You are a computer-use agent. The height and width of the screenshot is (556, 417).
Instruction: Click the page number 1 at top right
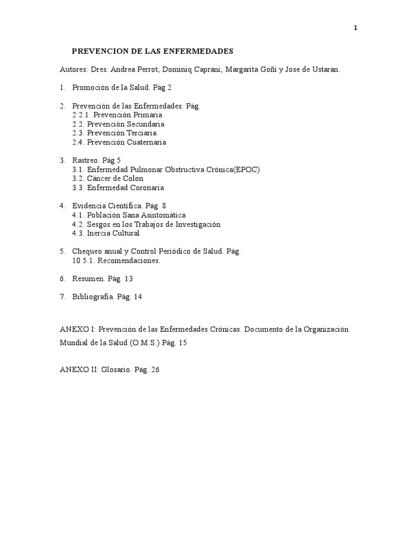(x=355, y=29)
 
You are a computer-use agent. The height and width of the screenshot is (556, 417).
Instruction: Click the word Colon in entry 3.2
(x=134, y=179)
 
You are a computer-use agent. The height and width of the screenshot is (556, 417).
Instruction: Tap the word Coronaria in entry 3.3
(x=146, y=188)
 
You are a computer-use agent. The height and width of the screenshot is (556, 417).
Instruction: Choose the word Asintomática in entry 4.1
(x=162, y=215)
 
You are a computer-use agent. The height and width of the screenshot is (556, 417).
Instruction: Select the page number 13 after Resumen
(x=128, y=279)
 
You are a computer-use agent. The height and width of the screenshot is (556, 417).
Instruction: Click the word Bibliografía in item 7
(x=93, y=297)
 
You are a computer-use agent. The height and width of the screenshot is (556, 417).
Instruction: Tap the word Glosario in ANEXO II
(x=116, y=370)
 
